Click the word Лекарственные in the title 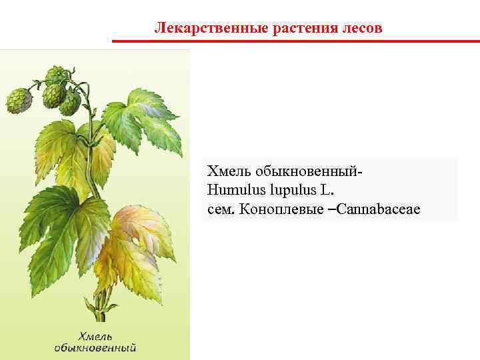point(193,28)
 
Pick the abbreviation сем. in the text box point(221,210)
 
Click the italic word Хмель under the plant point(96,335)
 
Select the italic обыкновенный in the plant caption point(96,347)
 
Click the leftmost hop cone point(19,101)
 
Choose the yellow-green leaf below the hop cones point(70,150)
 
